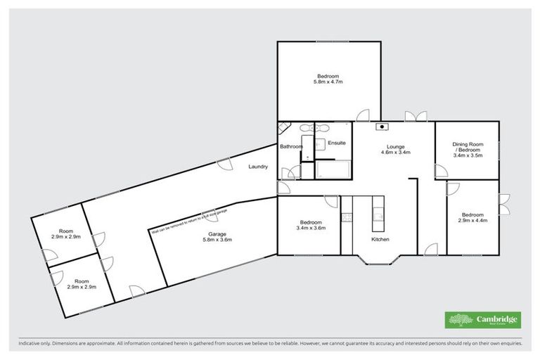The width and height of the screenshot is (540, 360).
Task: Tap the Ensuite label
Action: [337, 143]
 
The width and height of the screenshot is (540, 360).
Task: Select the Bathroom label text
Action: [291, 146]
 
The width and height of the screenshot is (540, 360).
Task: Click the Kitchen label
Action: [380, 239]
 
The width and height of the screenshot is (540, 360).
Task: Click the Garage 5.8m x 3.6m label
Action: [217, 237]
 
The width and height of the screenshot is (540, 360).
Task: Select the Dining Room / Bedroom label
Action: [468, 149]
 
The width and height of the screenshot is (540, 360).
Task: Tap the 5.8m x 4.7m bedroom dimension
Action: [328, 82]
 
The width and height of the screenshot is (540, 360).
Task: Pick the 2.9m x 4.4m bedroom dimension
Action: [472, 221]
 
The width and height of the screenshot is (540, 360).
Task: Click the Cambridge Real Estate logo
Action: [483, 319]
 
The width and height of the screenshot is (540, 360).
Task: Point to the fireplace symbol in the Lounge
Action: [382, 127]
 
